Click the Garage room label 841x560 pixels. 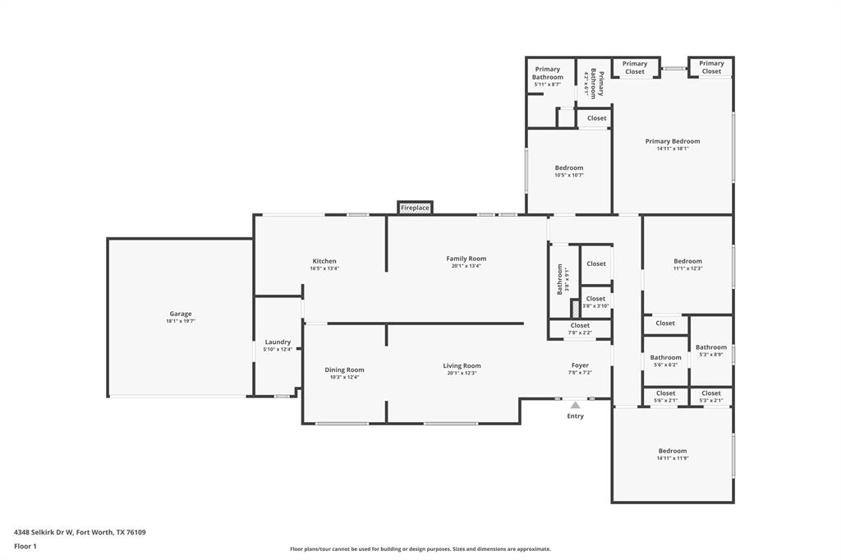(x=181, y=314)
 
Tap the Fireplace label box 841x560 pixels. (x=415, y=208)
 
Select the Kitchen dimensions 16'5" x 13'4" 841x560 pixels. (x=324, y=269)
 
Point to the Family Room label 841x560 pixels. (x=466, y=259)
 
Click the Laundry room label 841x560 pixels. (x=278, y=342)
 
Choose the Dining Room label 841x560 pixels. (x=344, y=370)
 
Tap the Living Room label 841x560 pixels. (x=462, y=366)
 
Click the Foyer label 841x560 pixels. (x=580, y=365)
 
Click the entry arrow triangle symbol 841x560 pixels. (x=576, y=405)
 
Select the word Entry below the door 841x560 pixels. (x=576, y=416)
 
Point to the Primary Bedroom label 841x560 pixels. (x=673, y=141)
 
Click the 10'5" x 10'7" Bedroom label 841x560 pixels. (x=569, y=168)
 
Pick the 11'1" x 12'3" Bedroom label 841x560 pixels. (x=688, y=261)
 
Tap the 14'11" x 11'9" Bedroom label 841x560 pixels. (x=672, y=451)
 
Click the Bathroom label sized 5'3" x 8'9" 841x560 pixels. (x=711, y=347)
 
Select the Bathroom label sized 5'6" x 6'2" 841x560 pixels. (x=665, y=357)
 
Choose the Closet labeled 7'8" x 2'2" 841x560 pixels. (x=580, y=326)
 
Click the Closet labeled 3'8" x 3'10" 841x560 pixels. (x=596, y=299)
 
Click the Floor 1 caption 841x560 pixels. (x=25, y=546)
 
